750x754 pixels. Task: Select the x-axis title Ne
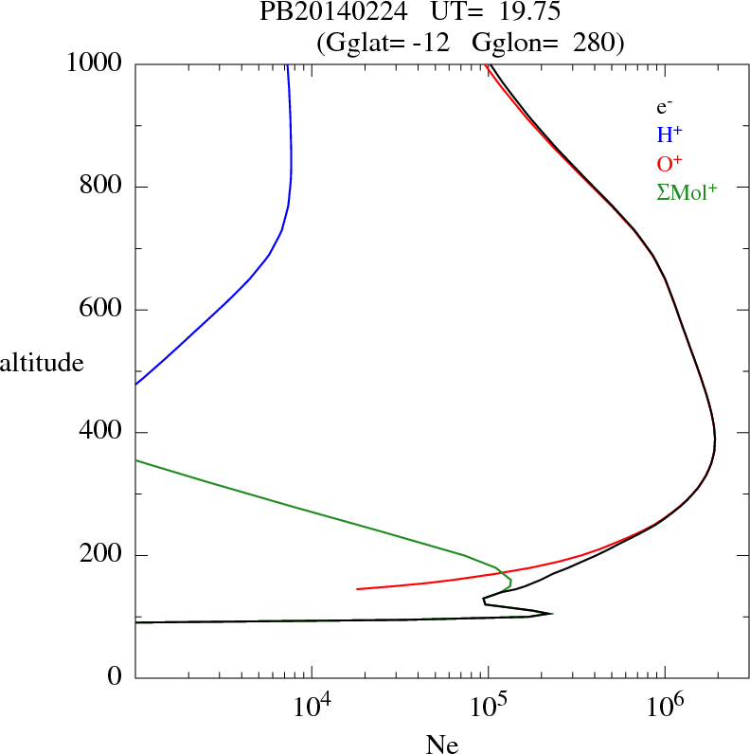click(x=442, y=745)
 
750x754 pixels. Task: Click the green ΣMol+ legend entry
click(x=687, y=191)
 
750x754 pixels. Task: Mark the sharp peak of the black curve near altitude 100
click(x=551, y=613)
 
